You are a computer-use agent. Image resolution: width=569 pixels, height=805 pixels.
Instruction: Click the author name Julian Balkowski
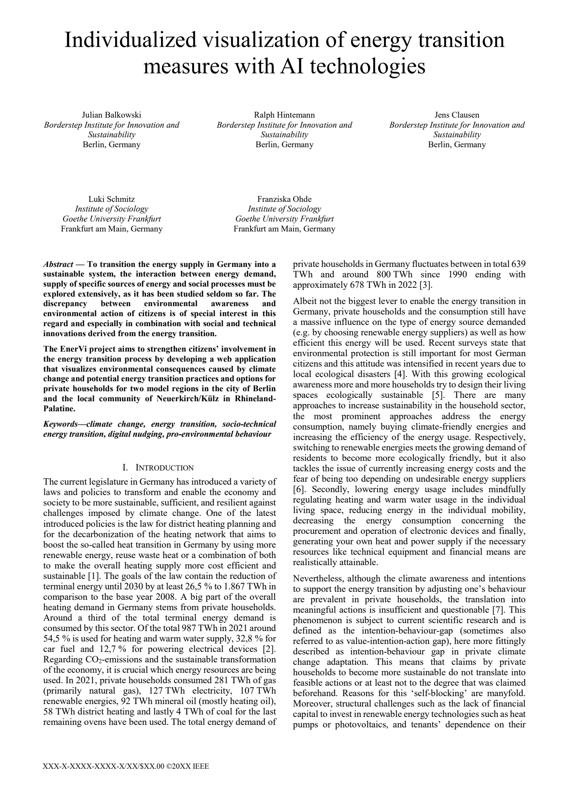pyautogui.click(x=111, y=115)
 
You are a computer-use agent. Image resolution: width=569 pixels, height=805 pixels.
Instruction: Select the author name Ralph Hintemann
pyautogui.click(x=284, y=115)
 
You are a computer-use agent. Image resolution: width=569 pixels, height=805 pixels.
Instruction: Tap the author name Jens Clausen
pyautogui.click(x=457, y=115)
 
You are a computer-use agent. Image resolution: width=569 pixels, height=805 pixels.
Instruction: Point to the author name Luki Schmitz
pyautogui.click(x=111, y=199)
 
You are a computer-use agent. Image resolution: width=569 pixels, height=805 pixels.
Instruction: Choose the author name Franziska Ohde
pyautogui.click(x=284, y=199)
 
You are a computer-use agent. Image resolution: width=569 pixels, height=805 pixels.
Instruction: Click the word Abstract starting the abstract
pyautogui.click(x=58, y=264)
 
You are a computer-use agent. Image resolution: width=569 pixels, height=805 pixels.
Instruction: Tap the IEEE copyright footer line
pyautogui.click(x=126, y=766)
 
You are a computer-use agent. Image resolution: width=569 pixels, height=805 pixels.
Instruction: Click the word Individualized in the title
pyautogui.click(x=131, y=40)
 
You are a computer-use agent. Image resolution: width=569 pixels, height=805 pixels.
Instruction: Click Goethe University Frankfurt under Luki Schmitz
pyautogui.click(x=111, y=219)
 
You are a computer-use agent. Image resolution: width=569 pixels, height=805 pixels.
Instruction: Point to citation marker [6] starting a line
pyautogui.click(x=298, y=489)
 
